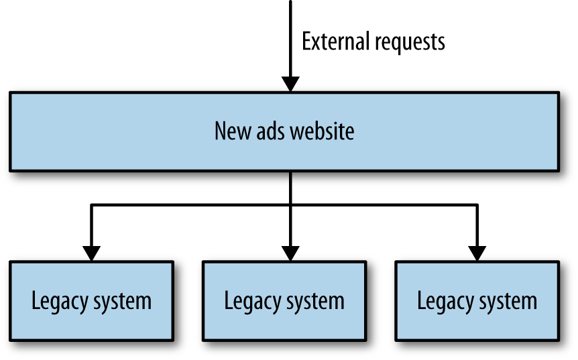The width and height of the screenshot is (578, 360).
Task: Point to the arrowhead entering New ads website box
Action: tap(290, 84)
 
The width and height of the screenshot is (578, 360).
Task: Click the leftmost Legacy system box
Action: tap(91, 300)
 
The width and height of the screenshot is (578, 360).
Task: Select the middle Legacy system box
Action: tap(284, 300)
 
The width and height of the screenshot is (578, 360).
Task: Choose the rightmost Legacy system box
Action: tap(477, 300)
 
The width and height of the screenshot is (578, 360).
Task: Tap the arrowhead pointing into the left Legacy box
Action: tap(92, 253)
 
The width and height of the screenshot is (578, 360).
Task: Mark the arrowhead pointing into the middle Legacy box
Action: tap(290, 253)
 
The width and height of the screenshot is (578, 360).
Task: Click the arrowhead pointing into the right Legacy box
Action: tap(477, 253)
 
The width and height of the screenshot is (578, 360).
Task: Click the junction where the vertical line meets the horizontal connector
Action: tap(290, 204)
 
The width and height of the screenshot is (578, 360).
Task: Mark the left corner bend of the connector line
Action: tap(92, 204)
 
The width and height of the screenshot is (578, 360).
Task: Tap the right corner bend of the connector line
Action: tap(477, 204)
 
